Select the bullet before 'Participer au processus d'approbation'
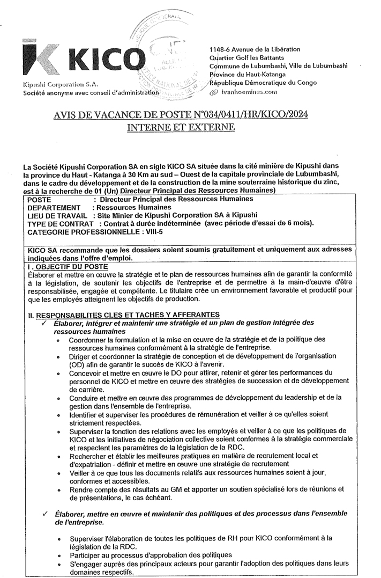(57, 555)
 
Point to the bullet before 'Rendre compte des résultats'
(57, 490)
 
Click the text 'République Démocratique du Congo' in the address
(264, 83)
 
